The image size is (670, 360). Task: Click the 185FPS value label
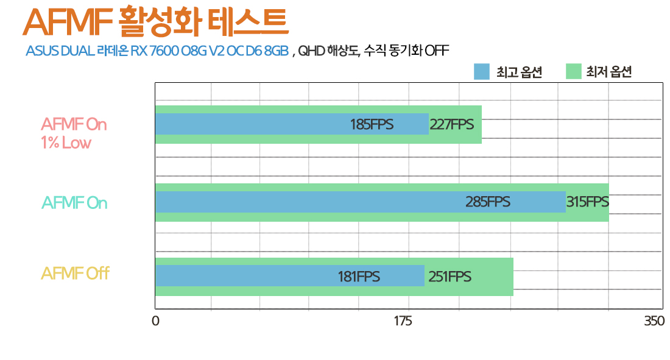372,125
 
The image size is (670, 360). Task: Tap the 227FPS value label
451,125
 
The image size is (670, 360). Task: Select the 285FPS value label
488,202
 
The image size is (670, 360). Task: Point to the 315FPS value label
587,202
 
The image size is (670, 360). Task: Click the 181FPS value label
359,277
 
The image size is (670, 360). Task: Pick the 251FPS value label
450,277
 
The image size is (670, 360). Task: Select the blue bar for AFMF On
305,202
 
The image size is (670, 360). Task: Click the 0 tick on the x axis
156,321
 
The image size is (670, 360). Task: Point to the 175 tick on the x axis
404,321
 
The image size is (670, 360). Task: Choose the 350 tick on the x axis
654,321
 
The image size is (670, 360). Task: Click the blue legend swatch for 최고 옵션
482,72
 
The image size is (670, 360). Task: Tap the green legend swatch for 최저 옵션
574,72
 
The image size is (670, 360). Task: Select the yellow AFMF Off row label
75,274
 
